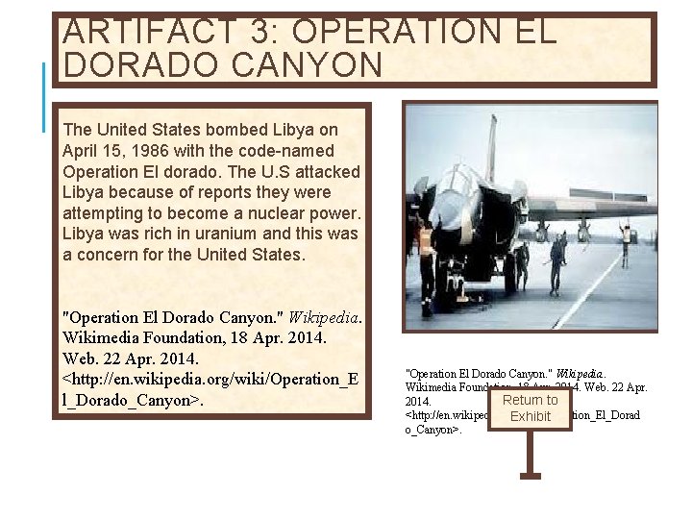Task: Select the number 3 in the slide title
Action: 260,32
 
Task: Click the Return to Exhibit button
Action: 530,408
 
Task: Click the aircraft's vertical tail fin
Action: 492,149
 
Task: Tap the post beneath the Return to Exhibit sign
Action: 530,452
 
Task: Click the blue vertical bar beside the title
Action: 45,96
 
